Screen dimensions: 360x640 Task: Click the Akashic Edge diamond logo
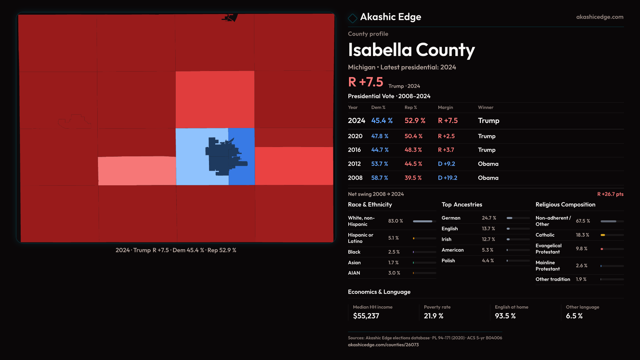(x=352, y=18)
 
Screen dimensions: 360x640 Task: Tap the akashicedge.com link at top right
(x=599, y=17)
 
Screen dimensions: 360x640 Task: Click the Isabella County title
(x=411, y=50)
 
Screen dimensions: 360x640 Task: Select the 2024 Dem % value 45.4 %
(x=382, y=121)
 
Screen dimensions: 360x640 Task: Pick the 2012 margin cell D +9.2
(x=446, y=164)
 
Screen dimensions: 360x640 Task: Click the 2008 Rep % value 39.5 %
(x=413, y=178)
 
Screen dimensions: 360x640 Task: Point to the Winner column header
(x=485, y=107)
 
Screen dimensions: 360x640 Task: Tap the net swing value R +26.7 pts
(x=610, y=194)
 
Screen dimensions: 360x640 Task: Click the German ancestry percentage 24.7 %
(x=489, y=218)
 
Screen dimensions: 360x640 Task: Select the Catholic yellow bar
(x=603, y=235)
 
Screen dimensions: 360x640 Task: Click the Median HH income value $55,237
(x=366, y=316)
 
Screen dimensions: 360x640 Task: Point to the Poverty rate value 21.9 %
(x=433, y=316)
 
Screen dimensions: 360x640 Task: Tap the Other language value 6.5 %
(x=574, y=316)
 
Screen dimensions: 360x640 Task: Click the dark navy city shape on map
(x=220, y=157)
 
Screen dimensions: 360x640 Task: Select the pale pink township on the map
(x=137, y=171)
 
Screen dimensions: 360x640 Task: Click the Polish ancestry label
(x=448, y=261)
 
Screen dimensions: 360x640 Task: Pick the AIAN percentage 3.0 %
(x=394, y=273)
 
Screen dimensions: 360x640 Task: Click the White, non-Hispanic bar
(x=422, y=221)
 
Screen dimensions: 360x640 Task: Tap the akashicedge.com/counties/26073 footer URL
(x=383, y=345)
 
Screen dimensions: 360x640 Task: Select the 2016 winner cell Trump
(x=486, y=150)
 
